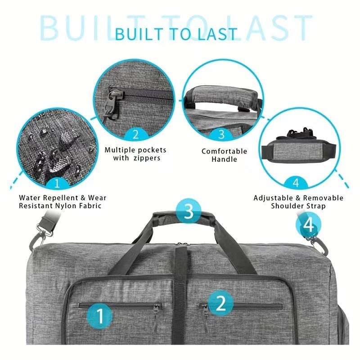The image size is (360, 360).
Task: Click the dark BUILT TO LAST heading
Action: (x=176, y=34)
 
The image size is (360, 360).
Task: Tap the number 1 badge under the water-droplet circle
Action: (x=56, y=183)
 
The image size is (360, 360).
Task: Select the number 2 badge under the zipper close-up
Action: (x=135, y=134)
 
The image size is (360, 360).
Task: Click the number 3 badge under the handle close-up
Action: (x=221, y=134)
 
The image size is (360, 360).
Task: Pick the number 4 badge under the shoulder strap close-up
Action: (x=296, y=183)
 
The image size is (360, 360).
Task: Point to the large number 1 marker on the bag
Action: (x=100, y=315)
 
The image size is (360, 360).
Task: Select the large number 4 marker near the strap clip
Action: (x=309, y=225)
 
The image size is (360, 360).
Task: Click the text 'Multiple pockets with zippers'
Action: (x=135, y=154)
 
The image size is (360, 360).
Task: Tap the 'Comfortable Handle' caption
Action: (x=224, y=155)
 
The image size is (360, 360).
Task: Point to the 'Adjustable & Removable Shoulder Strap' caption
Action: (x=298, y=202)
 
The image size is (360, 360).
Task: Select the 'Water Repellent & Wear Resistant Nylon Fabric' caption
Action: (x=63, y=202)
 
